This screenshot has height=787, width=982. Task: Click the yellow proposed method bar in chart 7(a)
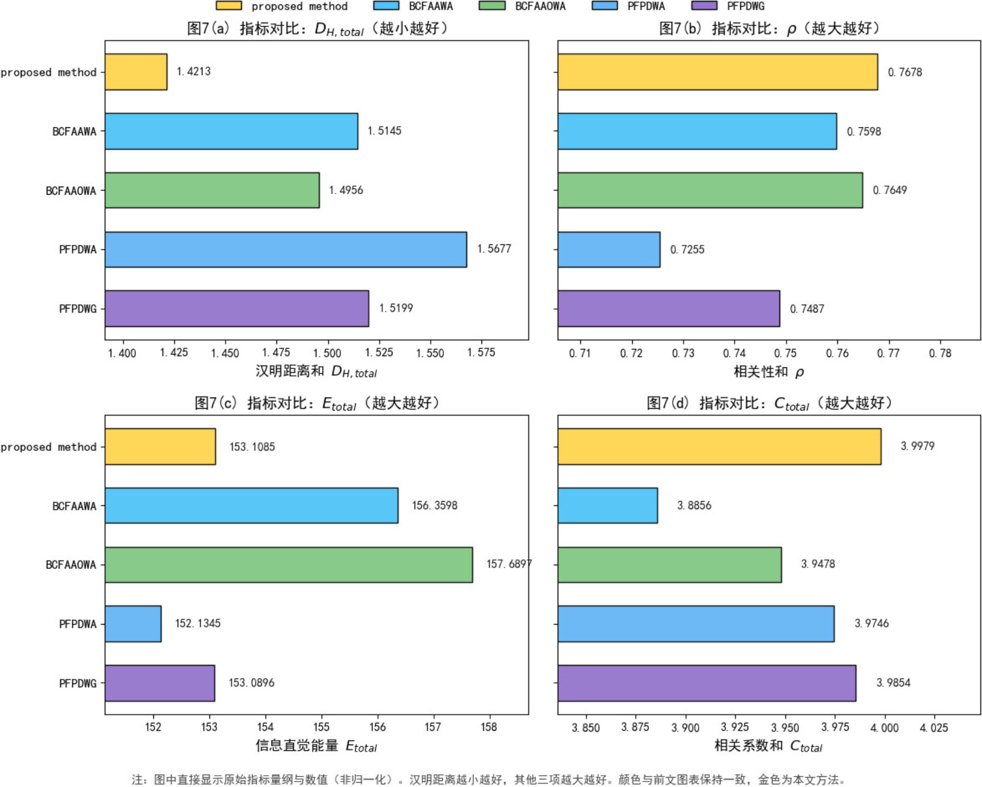[136, 72]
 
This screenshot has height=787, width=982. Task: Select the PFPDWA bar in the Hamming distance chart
[286, 249]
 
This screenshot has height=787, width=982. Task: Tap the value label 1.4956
[346, 190]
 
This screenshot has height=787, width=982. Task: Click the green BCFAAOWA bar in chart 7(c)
[288, 565]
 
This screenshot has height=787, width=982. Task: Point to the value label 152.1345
[198, 624]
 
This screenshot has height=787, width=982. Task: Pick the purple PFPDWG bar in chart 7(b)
[668, 309]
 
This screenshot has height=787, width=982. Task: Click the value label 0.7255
[687, 250]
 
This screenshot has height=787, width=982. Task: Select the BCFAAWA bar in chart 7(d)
[607, 505]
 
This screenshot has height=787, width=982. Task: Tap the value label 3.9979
[917, 446]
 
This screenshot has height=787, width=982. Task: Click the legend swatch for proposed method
[229, 6]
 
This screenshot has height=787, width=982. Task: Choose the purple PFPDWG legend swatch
[704, 6]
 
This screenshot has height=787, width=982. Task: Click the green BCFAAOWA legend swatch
[492, 6]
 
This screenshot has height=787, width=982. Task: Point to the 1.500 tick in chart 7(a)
[327, 353]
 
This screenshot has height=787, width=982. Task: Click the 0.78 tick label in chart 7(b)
[940, 353]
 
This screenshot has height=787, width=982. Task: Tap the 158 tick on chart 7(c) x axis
[489, 727]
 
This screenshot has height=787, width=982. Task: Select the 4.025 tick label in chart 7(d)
[933, 728]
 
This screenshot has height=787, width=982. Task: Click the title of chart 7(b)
[769, 28]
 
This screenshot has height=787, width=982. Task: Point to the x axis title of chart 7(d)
[768, 746]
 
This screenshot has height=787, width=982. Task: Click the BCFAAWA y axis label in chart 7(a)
[74, 132]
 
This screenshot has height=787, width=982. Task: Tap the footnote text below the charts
[489, 779]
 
